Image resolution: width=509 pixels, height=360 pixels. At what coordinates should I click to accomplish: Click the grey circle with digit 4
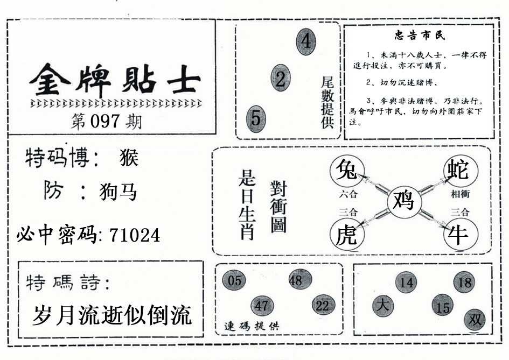pos(306,41)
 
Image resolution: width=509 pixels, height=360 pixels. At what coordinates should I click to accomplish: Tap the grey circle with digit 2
pos(281,78)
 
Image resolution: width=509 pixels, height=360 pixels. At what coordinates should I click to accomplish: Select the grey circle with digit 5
pos(256,119)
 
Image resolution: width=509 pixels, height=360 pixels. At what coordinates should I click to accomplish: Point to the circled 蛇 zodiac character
pos(461,171)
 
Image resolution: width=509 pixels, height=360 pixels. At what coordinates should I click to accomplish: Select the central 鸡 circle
pos(404,202)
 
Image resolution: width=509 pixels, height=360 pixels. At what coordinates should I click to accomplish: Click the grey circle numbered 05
pos(234,280)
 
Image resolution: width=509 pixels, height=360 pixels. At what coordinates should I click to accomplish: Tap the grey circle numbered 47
pos(262,306)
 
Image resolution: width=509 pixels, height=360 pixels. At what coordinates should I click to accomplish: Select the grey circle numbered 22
pos(323,305)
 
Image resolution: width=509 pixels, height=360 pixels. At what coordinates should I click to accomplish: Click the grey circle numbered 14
pos(406,283)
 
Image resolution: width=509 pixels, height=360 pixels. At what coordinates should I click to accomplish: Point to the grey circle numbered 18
pos(464,282)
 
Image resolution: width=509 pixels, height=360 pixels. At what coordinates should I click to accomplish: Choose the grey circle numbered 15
pos(442,306)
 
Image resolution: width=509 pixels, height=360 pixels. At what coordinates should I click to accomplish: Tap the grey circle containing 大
pos(383,306)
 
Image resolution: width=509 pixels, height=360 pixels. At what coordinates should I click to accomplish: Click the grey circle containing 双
pos(475,320)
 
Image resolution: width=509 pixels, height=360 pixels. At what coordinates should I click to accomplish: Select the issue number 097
pos(105,121)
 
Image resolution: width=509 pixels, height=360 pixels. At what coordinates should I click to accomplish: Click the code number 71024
pos(135,235)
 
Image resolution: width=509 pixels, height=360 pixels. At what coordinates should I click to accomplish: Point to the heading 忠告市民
pos(420,35)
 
